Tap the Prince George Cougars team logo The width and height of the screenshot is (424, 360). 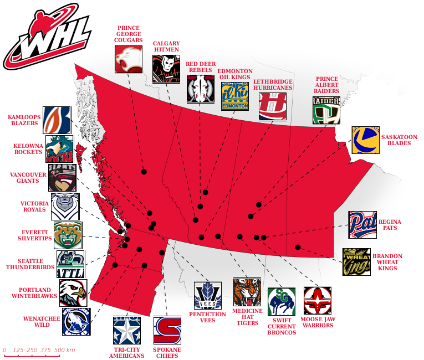(x=128, y=59)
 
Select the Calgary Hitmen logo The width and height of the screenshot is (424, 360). (x=166, y=69)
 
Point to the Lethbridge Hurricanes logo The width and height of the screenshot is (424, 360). (x=273, y=106)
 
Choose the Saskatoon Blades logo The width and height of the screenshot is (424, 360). (x=365, y=140)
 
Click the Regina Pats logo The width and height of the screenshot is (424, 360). (x=362, y=225)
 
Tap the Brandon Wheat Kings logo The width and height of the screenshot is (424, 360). (x=356, y=262)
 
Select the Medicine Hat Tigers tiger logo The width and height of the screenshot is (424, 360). (x=247, y=292)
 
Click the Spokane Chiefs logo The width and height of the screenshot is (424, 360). (x=167, y=330)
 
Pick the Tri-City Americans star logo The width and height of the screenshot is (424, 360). (x=127, y=330)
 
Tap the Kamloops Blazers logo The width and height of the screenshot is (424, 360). (x=57, y=120)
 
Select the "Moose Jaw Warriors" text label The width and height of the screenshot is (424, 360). (x=318, y=322)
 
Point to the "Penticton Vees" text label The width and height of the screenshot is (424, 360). (x=208, y=317)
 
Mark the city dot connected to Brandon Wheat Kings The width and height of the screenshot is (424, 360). (x=298, y=247)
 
